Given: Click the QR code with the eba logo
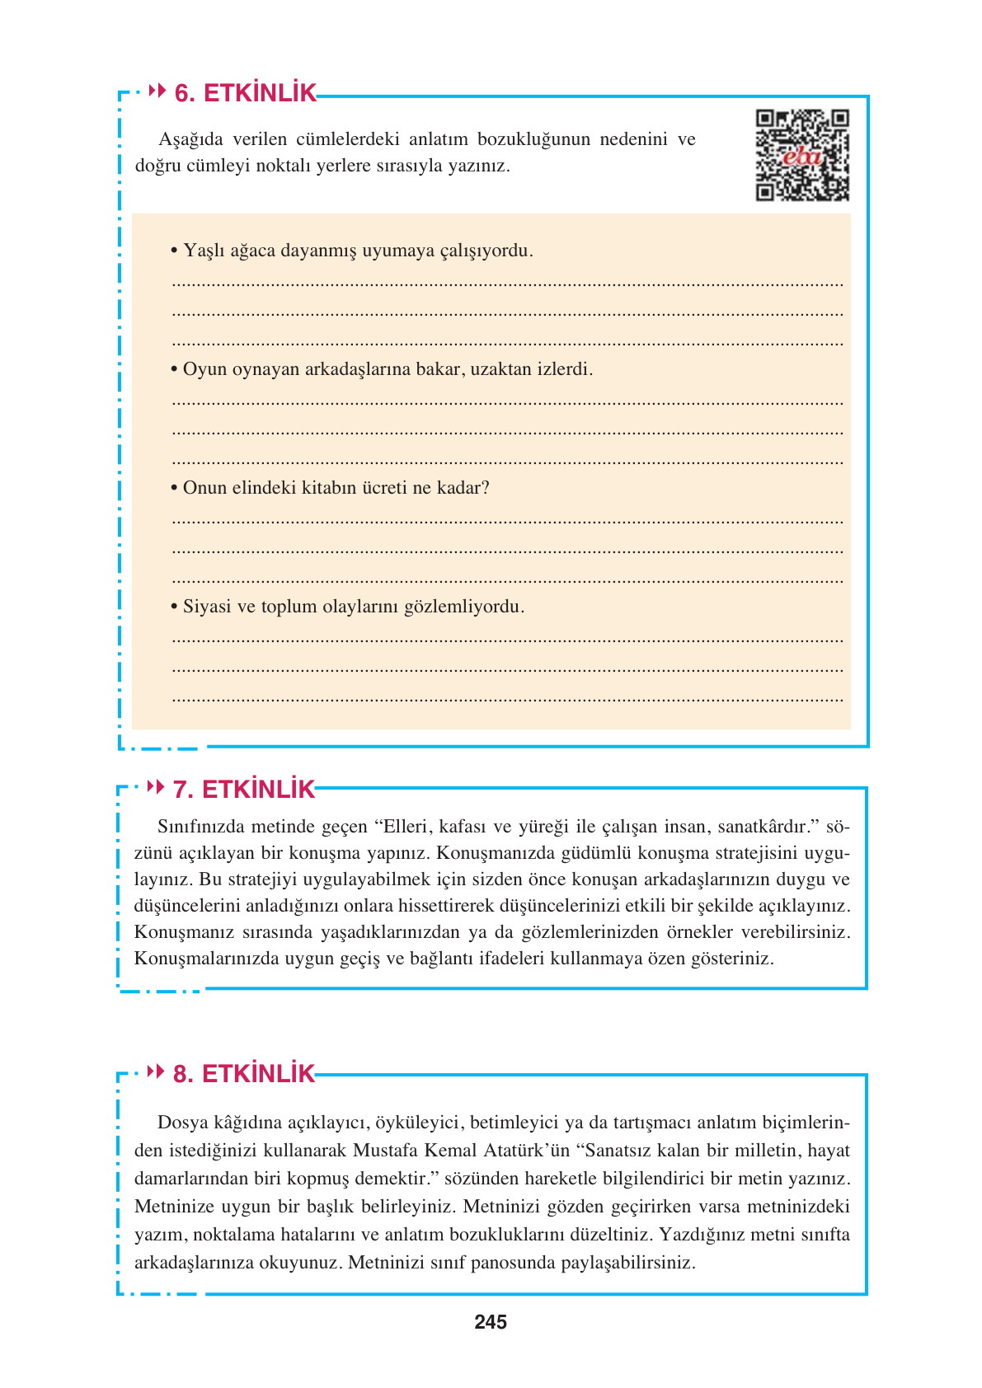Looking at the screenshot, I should pos(801,156).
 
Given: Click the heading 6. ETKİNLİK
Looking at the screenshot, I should pos(245,93).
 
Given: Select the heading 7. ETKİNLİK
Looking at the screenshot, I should pos(243,790).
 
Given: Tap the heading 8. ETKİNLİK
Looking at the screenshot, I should pos(243,1074).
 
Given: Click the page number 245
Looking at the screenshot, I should pos(491,1323).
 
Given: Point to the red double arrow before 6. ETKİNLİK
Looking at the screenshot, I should pos(157,91).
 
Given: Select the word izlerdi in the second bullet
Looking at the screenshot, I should pos(564,369).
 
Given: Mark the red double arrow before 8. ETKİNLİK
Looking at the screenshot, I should pos(155,1071).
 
